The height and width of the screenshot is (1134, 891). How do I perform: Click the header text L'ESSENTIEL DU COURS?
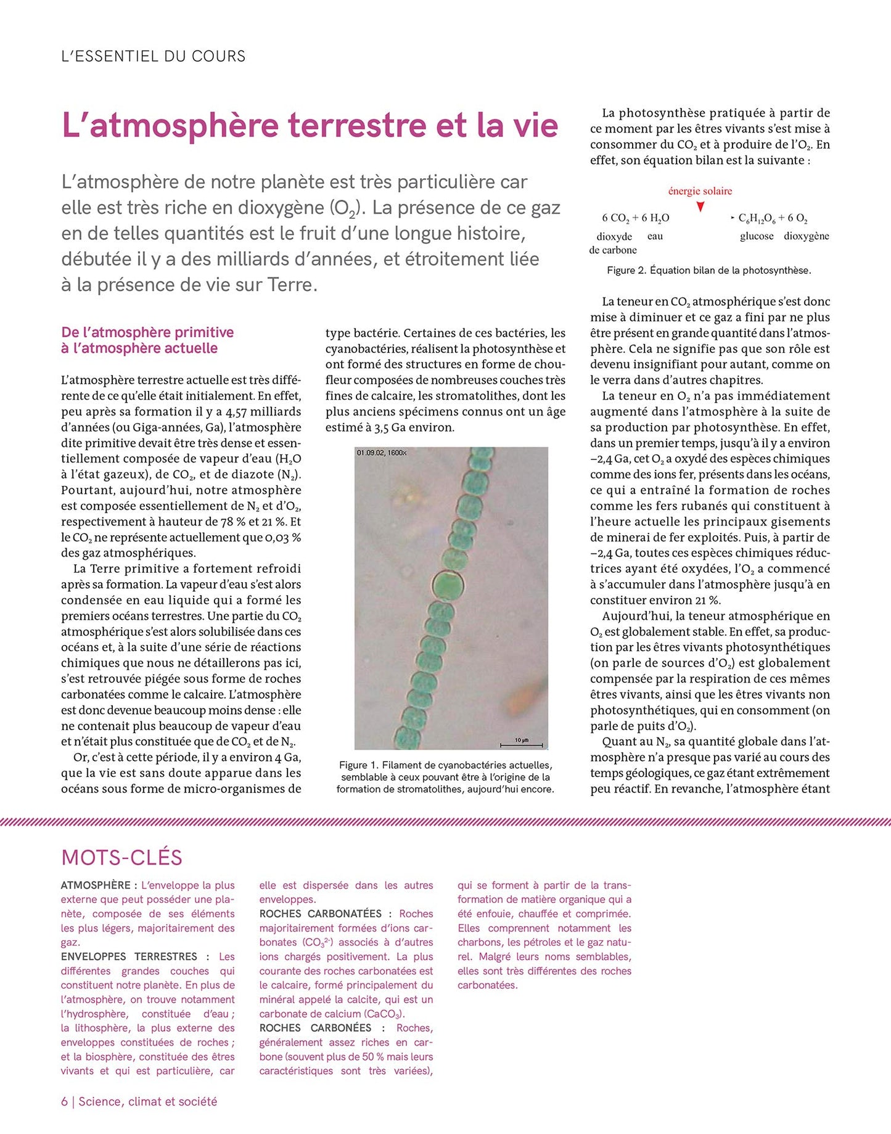pos(154,56)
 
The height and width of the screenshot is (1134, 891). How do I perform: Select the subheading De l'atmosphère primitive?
pos(147,332)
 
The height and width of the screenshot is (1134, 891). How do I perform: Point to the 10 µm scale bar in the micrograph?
pos(521,744)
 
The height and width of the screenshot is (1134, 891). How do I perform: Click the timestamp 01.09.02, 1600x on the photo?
pos(382,453)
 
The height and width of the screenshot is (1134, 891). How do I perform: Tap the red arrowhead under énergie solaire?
pos(700,207)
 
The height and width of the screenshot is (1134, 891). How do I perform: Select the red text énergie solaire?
pos(700,191)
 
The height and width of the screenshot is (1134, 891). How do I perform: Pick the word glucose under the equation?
pos(757,236)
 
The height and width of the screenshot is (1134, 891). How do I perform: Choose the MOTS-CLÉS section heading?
pos(122,857)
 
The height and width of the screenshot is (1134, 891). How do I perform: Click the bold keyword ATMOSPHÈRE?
pos(96,885)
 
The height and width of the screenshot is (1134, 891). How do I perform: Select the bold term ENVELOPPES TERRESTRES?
pos(129,956)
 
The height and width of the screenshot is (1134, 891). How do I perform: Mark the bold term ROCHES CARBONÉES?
pos(315,1028)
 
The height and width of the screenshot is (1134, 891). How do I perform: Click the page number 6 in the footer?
pos(64,1101)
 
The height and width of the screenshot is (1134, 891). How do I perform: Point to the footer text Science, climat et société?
pos(147,1101)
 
